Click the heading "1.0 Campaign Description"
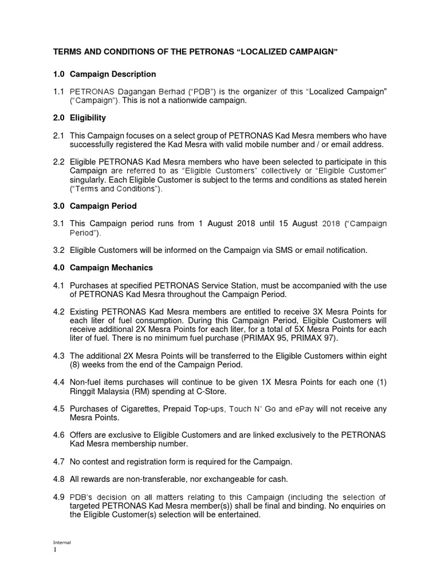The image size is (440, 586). pos(104,74)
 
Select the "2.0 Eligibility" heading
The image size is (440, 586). pos(80,118)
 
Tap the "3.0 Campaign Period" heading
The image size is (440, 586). pos(95,206)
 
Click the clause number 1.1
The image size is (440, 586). pos(58,91)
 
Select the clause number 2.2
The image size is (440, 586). pos(58,162)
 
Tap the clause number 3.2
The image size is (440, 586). pos(58,250)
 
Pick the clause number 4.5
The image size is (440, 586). pos(58,409)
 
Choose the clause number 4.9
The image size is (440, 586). pos(58,497)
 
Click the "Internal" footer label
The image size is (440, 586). pos(61,541)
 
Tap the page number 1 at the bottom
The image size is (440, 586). pos(55,549)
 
